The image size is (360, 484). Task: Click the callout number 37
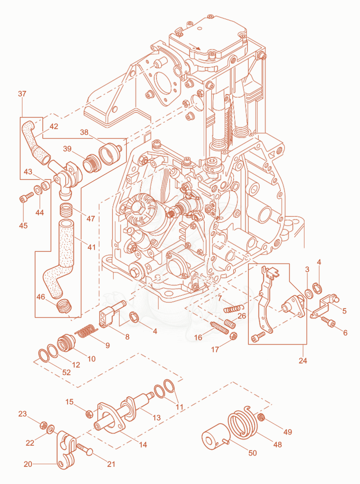(22, 94)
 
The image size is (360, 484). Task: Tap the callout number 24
(303, 360)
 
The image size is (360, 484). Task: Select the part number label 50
(252, 453)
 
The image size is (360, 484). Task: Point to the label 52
(67, 372)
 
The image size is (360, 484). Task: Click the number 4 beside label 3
(319, 262)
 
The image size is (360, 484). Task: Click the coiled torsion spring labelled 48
(243, 422)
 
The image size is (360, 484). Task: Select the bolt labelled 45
(26, 197)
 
